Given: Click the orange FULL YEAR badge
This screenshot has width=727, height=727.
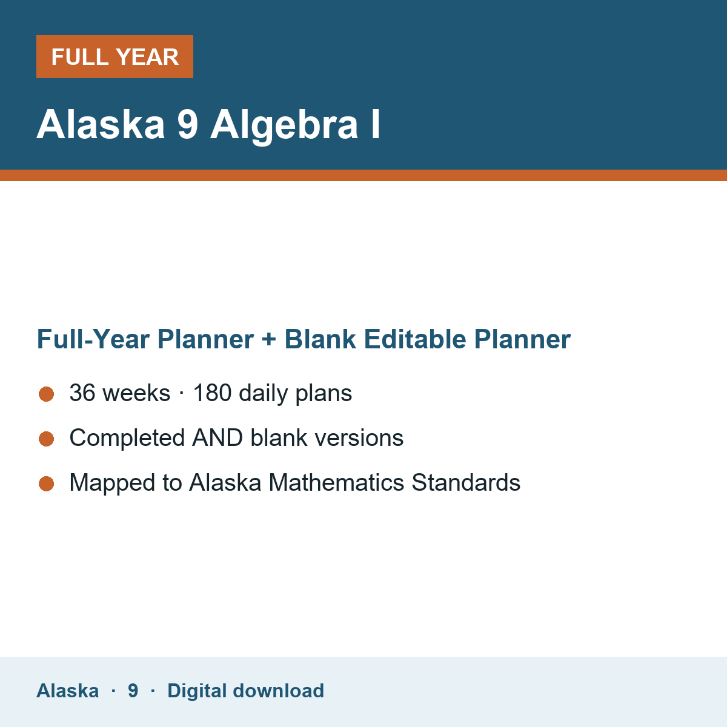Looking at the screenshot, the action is (115, 56).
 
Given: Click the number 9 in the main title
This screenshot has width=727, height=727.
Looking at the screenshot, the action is (187, 124).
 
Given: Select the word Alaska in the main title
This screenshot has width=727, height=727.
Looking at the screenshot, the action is (101, 124).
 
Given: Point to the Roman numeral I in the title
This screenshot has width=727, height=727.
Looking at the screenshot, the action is (376, 124).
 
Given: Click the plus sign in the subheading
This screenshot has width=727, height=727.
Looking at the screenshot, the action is (269, 339).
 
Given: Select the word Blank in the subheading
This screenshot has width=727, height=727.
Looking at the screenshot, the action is (320, 339).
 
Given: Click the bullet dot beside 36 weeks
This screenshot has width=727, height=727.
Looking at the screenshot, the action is (47, 394).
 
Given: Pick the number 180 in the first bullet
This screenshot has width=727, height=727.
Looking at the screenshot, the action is (213, 393).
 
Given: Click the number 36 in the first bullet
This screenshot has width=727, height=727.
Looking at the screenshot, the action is (82, 393).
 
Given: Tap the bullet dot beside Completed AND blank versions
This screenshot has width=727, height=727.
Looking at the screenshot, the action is (47, 439).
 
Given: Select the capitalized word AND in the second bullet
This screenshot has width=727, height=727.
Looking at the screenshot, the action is (217, 438).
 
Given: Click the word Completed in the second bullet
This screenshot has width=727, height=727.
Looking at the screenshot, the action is (127, 438).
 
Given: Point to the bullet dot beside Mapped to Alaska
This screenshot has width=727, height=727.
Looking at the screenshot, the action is (47, 483).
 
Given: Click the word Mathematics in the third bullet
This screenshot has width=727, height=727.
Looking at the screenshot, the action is (336, 482).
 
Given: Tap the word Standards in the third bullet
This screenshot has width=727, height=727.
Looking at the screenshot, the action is (466, 482).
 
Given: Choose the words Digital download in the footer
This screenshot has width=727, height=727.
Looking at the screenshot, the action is (245, 691).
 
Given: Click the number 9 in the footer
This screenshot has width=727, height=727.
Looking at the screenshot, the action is (133, 691).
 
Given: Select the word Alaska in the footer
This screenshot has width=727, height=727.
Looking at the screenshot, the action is (67, 691).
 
